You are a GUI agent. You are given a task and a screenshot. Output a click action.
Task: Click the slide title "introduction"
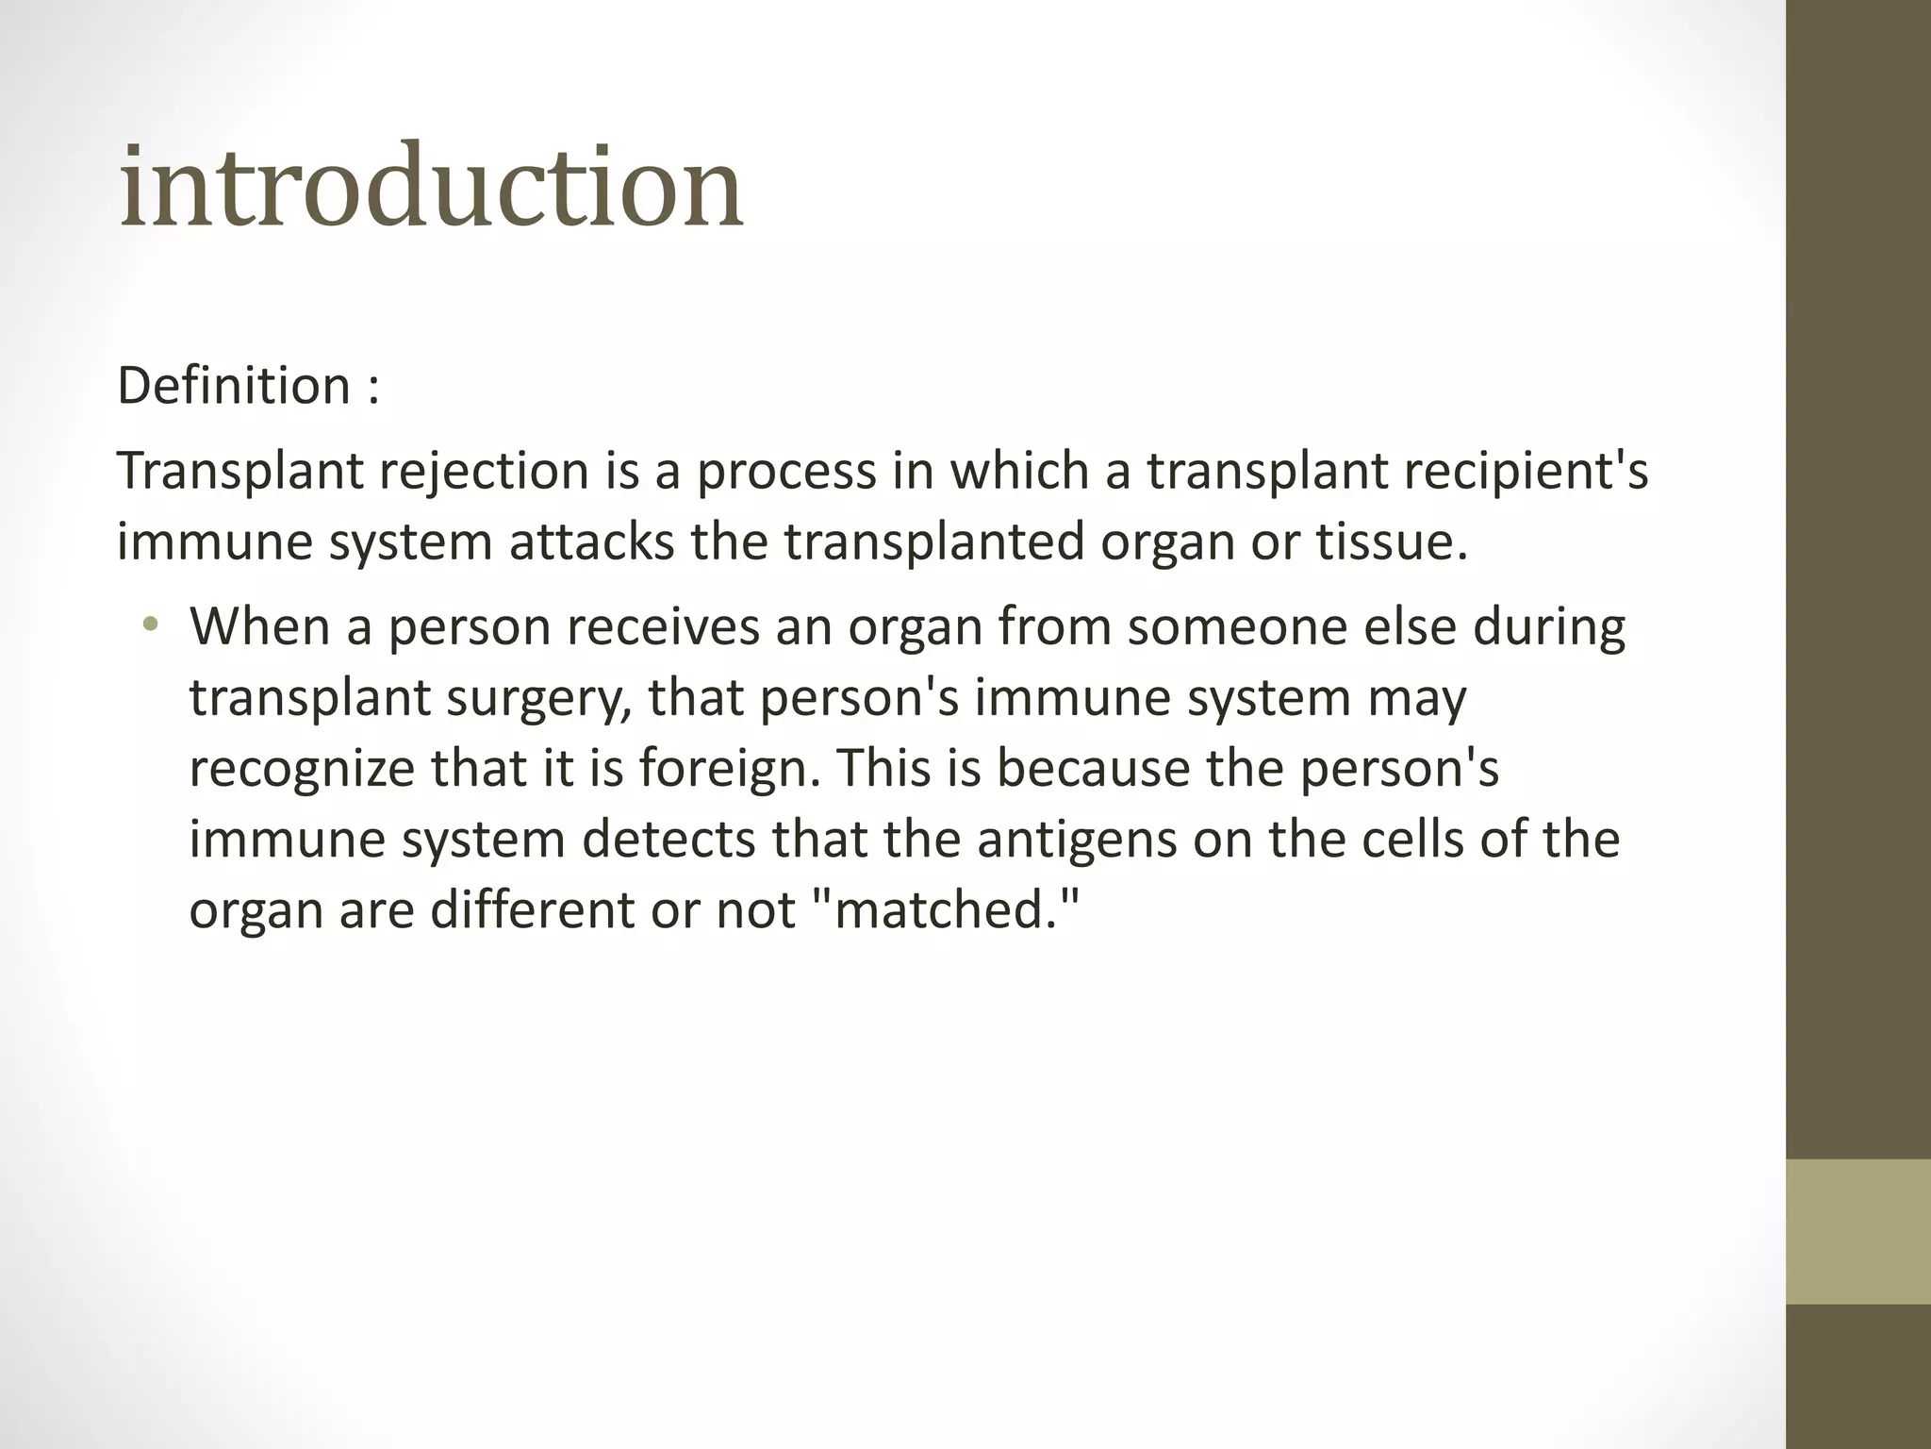(431, 186)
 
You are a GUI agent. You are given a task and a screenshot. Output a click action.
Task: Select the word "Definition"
(234, 386)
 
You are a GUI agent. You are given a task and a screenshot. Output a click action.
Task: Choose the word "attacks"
(592, 542)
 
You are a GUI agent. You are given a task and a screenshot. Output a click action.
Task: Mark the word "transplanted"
(933, 542)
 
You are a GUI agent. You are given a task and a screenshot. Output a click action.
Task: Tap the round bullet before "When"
(149, 625)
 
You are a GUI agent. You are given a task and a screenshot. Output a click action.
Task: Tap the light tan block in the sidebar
(1858, 1231)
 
